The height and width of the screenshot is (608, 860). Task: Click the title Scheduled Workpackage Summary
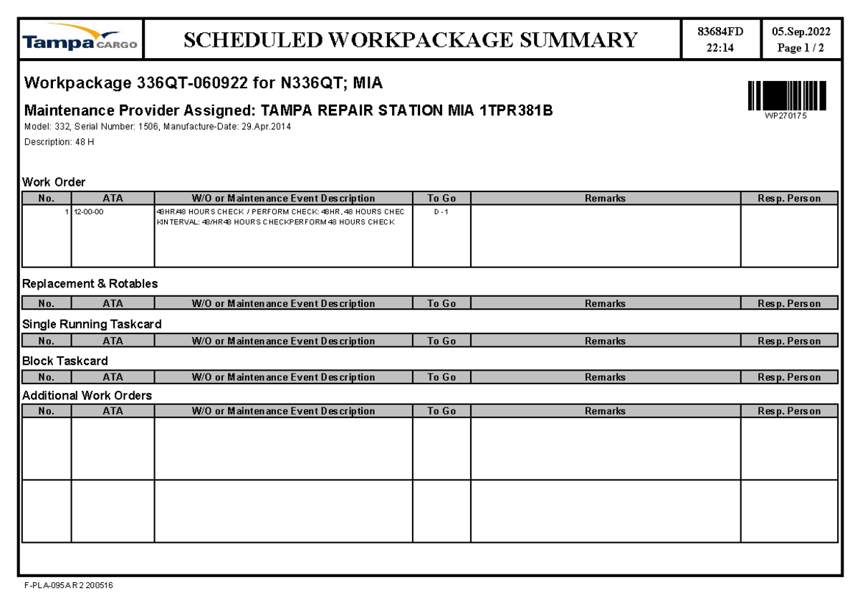pyautogui.click(x=411, y=39)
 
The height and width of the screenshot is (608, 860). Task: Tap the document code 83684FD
pyautogui.click(x=721, y=31)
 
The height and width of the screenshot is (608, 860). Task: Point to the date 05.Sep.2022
pyautogui.click(x=801, y=31)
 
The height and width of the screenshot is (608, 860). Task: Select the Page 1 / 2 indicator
pyautogui.click(x=801, y=48)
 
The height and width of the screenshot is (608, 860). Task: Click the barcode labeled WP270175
pyautogui.click(x=786, y=96)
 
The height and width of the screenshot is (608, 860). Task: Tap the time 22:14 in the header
pyautogui.click(x=721, y=48)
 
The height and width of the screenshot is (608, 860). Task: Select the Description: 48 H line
pyautogui.click(x=59, y=142)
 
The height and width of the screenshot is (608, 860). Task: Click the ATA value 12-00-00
pyautogui.click(x=88, y=212)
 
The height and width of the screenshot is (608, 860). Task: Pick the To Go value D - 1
pyautogui.click(x=441, y=212)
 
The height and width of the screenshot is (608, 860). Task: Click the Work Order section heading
pyautogui.click(x=54, y=182)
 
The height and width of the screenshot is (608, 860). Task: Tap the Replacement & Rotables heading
pyautogui.click(x=90, y=284)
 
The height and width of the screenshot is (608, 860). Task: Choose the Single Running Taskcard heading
pyautogui.click(x=92, y=324)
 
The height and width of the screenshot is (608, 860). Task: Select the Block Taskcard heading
pyautogui.click(x=65, y=361)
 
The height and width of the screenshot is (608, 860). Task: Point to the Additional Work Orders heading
pyautogui.click(x=87, y=395)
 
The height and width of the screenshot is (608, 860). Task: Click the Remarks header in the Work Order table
pyautogui.click(x=605, y=199)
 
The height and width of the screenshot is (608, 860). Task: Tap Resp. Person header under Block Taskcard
pyautogui.click(x=789, y=377)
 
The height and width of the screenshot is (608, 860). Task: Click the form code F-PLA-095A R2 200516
pyautogui.click(x=69, y=586)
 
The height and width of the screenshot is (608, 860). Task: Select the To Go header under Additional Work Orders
pyautogui.click(x=441, y=412)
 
